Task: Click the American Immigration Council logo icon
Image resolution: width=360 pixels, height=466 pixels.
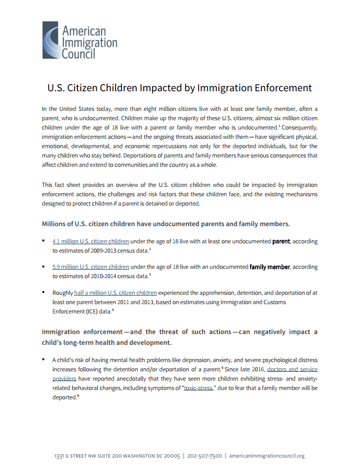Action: [51, 40]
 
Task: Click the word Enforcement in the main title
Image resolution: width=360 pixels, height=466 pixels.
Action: [283, 88]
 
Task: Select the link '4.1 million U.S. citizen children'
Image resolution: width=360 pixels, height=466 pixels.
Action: [91, 241]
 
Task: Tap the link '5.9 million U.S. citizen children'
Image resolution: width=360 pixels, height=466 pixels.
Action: [91, 267]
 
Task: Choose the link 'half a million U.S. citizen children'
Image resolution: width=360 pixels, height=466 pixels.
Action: [115, 293]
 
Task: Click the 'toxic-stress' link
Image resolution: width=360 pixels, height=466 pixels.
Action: [198, 388]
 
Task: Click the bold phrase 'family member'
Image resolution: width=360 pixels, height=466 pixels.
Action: [270, 267]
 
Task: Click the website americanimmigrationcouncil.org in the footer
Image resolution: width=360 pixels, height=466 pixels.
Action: [267, 456]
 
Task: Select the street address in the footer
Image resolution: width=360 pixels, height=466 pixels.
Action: [117, 456]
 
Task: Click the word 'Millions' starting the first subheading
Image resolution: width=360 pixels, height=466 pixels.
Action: [57, 224]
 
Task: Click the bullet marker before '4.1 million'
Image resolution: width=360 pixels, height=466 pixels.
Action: [44, 240]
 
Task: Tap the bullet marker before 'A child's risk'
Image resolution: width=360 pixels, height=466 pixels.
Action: [44, 359]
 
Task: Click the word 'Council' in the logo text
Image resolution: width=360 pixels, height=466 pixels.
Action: [78, 53]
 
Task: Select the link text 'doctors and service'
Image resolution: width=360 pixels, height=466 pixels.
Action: [292, 369]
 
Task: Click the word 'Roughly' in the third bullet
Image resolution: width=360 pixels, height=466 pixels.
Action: [63, 293]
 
